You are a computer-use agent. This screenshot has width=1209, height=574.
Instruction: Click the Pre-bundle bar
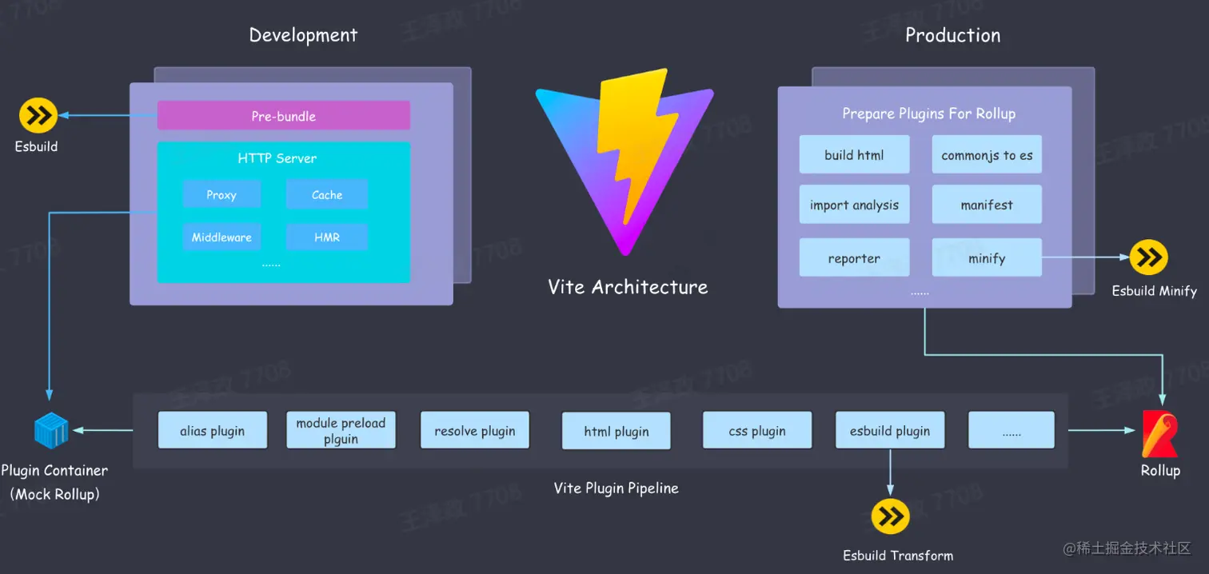click(x=283, y=116)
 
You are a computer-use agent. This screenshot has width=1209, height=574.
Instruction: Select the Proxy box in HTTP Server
click(x=221, y=195)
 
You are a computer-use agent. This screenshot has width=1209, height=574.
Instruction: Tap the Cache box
click(x=326, y=195)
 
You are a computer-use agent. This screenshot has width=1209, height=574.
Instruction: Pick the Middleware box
click(x=221, y=237)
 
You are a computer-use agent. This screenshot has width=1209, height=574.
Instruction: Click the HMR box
click(x=326, y=237)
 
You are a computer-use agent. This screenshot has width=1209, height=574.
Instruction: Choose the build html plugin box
click(x=854, y=155)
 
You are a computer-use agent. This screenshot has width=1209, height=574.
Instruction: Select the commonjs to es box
click(x=987, y=155)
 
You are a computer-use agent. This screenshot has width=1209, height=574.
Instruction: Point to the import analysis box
click(x=854, y=205)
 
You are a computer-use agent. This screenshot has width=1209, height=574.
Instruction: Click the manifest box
click(x=987, y=205)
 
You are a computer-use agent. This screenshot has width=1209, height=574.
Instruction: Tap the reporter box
click(x=854, y=258)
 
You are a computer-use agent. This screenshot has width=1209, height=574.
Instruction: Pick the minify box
click(x=987, y=258)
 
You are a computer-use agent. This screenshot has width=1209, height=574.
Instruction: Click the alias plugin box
click(x=212, y=431)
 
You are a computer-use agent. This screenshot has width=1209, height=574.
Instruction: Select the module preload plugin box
click(x=341, y=431)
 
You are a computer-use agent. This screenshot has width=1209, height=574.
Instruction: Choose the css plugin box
click(x=757, y=431)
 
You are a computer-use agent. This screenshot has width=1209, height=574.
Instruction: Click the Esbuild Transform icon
click(x=890, y=517)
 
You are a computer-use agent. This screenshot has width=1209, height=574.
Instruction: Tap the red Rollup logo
click(x=1160, y=433)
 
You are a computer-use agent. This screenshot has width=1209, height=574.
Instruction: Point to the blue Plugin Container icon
click(x=51, y=431)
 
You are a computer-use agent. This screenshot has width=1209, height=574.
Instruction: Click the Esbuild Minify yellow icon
click(x=1149, y=257)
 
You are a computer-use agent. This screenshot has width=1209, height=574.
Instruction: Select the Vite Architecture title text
click(x=628, y=287)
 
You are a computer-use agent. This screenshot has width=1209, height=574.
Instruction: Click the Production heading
click(x=952, y=35)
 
